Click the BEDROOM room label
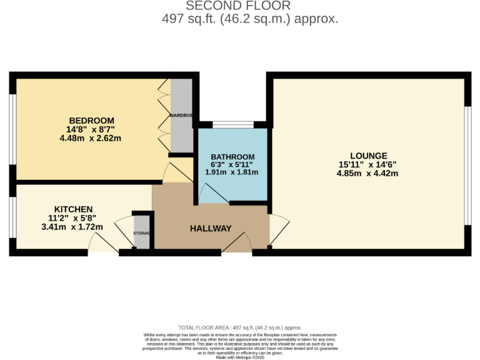point(91,121)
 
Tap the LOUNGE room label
point(369,156)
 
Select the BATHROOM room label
point(232,156)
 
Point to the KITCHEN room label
point(73,209)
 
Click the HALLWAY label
point(211,229)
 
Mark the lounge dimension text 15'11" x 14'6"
point(369,165)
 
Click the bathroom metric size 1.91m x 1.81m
point(232,172)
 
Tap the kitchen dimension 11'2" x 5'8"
point(73,218)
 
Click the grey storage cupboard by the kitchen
point(142,232)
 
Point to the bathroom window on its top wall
point(232,124)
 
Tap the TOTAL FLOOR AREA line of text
point(239,327)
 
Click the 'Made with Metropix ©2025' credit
point(239,356)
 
